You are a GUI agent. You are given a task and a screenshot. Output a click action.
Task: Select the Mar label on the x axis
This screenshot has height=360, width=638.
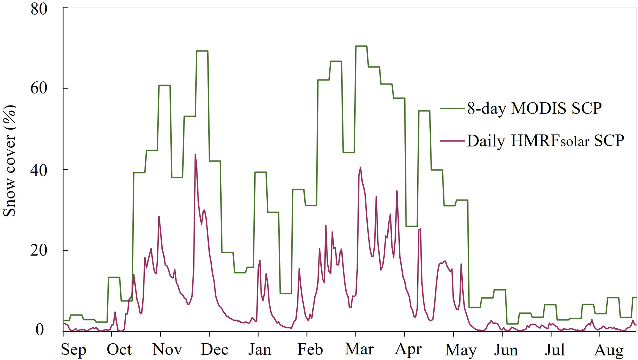[x=359, y=350]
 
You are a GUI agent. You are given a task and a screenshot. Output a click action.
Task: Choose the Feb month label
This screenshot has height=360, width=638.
[x=310, y=350]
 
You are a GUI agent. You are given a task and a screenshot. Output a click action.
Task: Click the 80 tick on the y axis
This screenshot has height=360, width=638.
[x=39, y=9]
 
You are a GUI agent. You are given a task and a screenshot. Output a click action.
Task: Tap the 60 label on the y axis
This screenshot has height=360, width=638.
[x=39, y=88]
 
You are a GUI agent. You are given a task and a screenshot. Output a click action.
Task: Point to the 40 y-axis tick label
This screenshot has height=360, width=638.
[x=39, y=170]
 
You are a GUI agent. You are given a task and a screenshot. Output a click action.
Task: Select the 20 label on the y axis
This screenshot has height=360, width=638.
[x=39, y=250]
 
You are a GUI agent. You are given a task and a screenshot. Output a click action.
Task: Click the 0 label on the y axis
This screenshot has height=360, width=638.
[x=40, y=330]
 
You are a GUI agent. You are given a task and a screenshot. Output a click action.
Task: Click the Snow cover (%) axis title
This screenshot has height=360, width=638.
[x=10, y=160]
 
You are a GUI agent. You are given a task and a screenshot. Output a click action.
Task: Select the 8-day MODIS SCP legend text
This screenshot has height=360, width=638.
[x=534, y=108]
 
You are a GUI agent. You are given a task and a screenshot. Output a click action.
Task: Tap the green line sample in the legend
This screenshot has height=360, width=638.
[x=452, y=109]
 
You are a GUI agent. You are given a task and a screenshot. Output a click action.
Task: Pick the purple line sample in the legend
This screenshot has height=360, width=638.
[x=452, y=141]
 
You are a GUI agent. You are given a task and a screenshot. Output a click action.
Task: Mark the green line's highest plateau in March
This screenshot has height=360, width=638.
[x=361, y=46]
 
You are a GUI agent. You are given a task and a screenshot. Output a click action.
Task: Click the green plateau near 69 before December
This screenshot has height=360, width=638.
[x=202, y=51]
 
